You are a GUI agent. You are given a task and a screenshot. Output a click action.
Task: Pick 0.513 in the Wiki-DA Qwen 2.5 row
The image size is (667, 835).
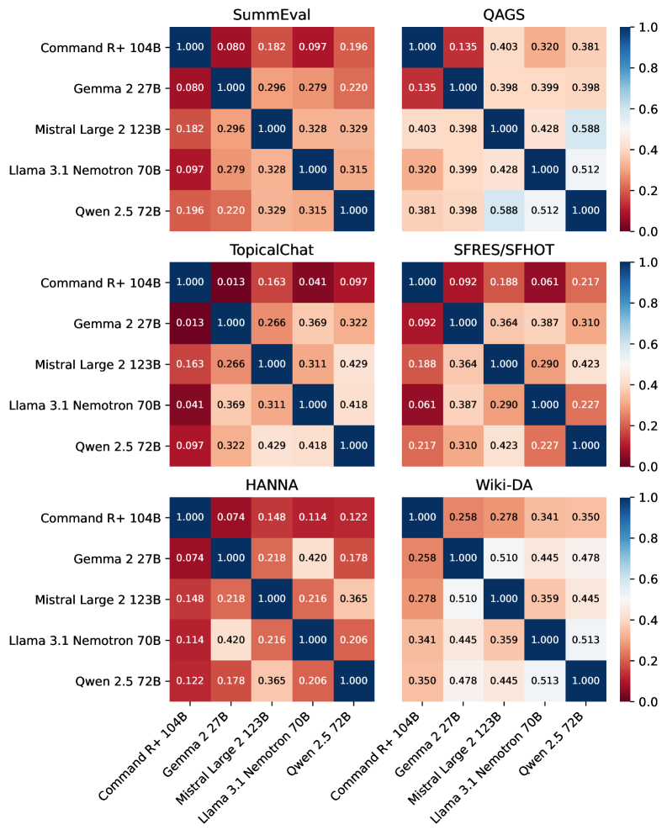[x=544, y=681]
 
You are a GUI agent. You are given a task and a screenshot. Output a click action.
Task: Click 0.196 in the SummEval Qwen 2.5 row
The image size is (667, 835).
[x=190, y=210]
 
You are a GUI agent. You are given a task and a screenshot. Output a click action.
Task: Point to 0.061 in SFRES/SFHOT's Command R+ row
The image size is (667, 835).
[x=544, y=283]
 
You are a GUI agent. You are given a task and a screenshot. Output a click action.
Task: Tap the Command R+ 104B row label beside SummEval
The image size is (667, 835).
[x=101, y=47]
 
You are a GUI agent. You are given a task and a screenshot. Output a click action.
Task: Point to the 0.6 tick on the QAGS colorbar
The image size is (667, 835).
[x=643, y=108]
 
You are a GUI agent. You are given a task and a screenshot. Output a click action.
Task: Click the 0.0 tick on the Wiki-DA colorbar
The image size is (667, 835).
[x=643, y=701]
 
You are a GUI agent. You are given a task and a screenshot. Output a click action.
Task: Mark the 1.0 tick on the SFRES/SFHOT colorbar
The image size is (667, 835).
[x=643, y=262]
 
